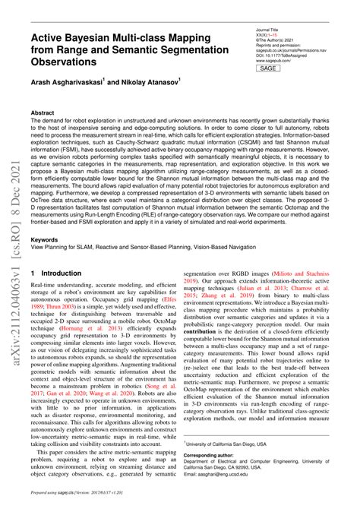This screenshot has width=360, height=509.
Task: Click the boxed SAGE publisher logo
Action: tap(267, 68)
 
